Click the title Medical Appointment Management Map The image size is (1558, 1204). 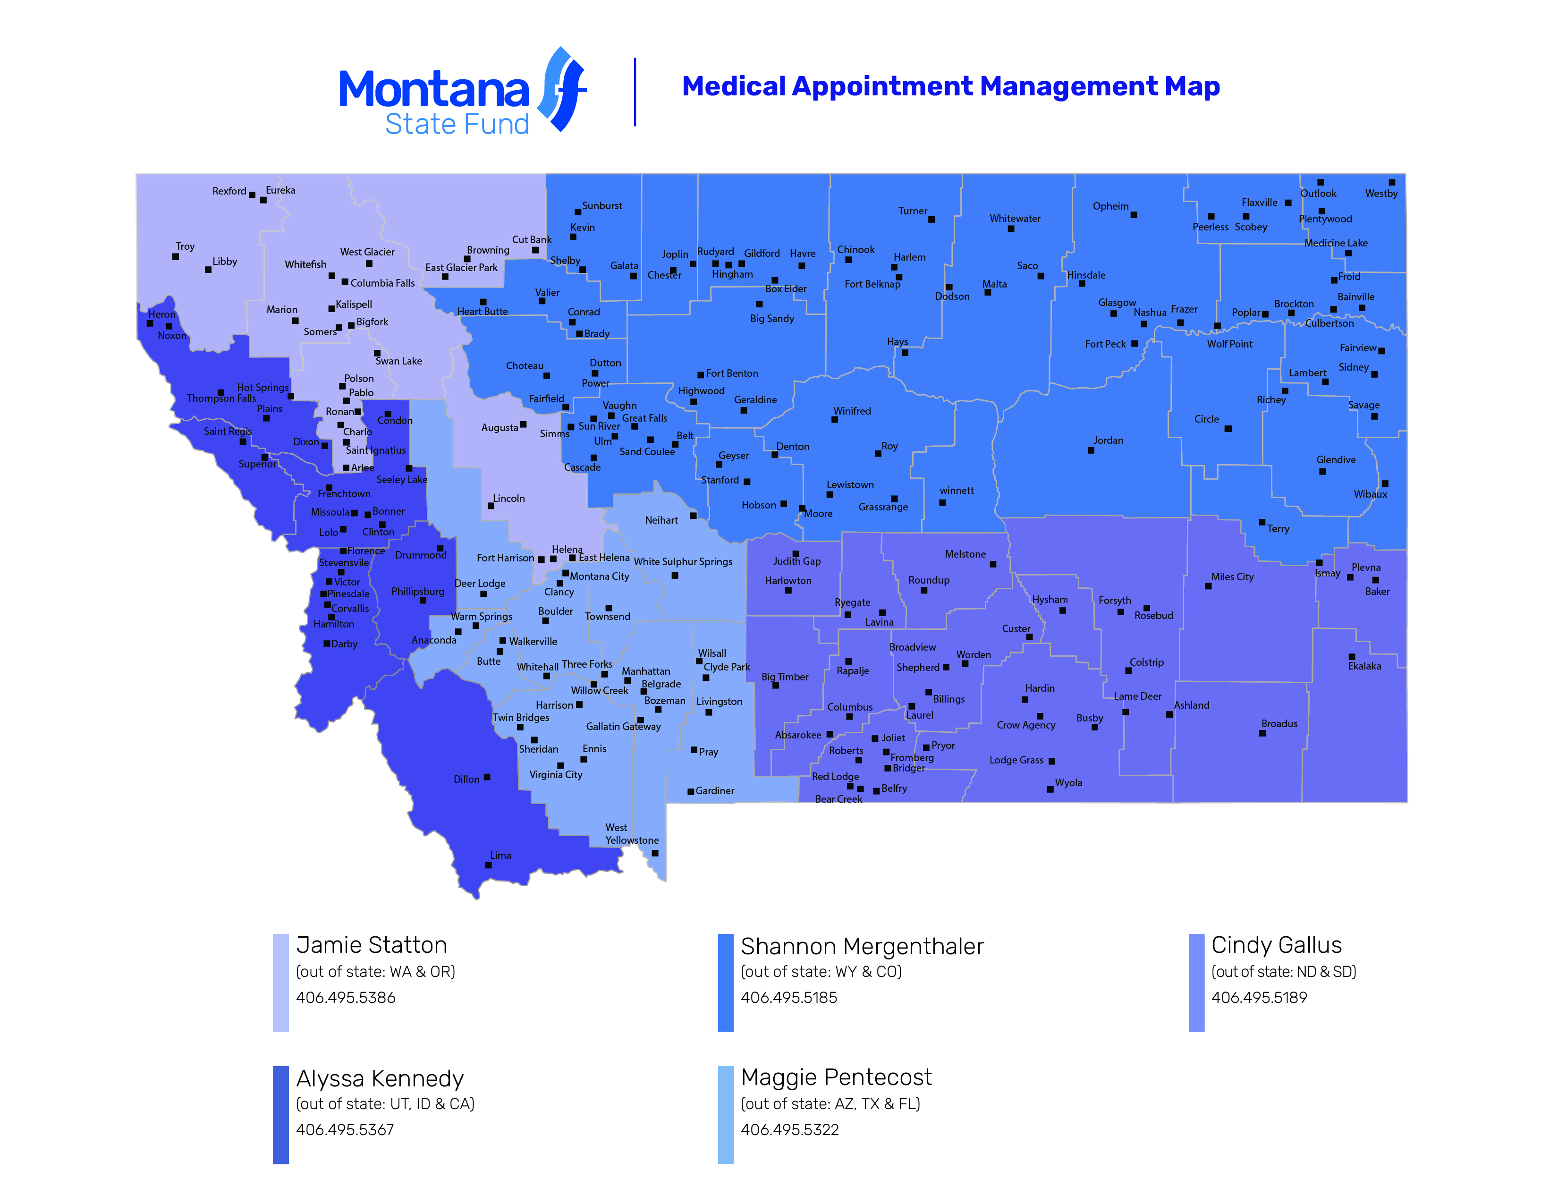[x=950, y=86]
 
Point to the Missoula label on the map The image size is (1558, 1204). [x=330, y=512]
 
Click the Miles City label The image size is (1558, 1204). [x=1232, y=577]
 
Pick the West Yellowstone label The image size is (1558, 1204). [x=631, y=834]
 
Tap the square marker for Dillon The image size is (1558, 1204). [x=487, y=777]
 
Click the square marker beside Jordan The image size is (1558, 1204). [x=1091, y=450]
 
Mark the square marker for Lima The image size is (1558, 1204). [x=488, y=865]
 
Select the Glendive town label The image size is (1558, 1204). [x=1336, y=459]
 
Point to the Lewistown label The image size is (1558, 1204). [x=850, y=484]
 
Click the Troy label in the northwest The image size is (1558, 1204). [x=185, y=246]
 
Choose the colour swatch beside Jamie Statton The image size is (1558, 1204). [x=280, y=982]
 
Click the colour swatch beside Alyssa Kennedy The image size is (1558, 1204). [x=280, y=1114]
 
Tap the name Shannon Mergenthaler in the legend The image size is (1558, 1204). [x=862, y=946]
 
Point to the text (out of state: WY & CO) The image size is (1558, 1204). [x=821, y=972]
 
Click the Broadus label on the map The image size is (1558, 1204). [x=1279, y=723]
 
